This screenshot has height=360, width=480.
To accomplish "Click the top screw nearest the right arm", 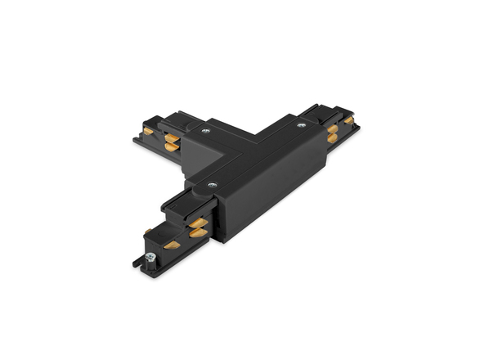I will pos(302,125).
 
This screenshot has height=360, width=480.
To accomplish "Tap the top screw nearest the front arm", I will pos(213,186).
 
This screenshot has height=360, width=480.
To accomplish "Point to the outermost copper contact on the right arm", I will pos(349,120).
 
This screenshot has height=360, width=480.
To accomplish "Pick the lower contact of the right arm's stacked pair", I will pos(332,138).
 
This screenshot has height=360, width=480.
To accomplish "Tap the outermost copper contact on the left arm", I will pos(147,131).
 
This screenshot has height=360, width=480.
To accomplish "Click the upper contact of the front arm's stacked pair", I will pos(199,223).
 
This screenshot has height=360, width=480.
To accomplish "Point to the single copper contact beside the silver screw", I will pos(172,244).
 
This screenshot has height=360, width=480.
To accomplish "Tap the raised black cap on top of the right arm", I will pos(323,112).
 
